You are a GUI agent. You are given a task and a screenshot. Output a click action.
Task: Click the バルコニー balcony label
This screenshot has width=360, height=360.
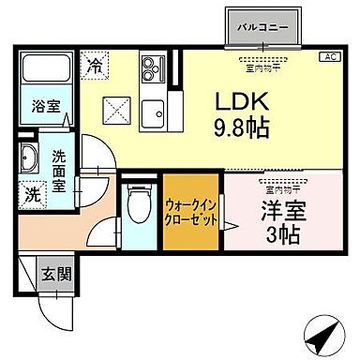coord(263,26)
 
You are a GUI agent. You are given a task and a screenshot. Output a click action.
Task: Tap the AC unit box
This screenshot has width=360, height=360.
coord(330,57)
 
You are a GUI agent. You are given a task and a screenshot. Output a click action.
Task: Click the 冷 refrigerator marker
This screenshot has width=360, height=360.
coord(96,66)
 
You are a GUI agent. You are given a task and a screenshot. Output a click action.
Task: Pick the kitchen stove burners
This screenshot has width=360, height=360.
coord(151,70)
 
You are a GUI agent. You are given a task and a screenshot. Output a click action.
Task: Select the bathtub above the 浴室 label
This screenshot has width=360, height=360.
coord(45,71)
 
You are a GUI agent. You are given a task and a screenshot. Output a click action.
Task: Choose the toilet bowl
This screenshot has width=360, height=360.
coord(137,204)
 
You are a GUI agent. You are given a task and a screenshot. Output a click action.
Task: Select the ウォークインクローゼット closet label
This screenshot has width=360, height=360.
coord(192,212)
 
